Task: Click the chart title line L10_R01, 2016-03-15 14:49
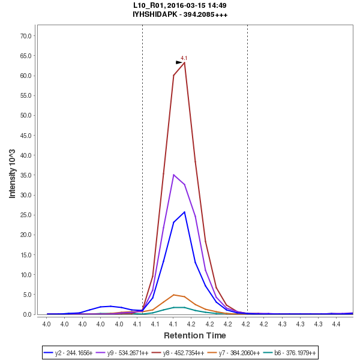click(x=180, y=5)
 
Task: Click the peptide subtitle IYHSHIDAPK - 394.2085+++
click(x=180, y=14)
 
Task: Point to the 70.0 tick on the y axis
click(x=25, y=36)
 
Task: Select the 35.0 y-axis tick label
click(x=25, y=175)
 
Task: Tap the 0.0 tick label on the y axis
click(x=27, y=314)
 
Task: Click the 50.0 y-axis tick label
click(x=25, y=116)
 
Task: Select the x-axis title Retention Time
click(x=195, y=335)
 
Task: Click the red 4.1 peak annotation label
click(x=184, y=58)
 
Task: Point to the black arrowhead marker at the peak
click(x=179, y=62)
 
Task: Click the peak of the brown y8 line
click(x=184, y=62)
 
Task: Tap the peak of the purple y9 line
click(x=173, y=175)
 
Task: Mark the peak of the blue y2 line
click(x=184, y=212)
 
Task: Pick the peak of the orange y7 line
click(x=173, y=295)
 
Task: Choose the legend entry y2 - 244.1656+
click(x=68, y=353)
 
